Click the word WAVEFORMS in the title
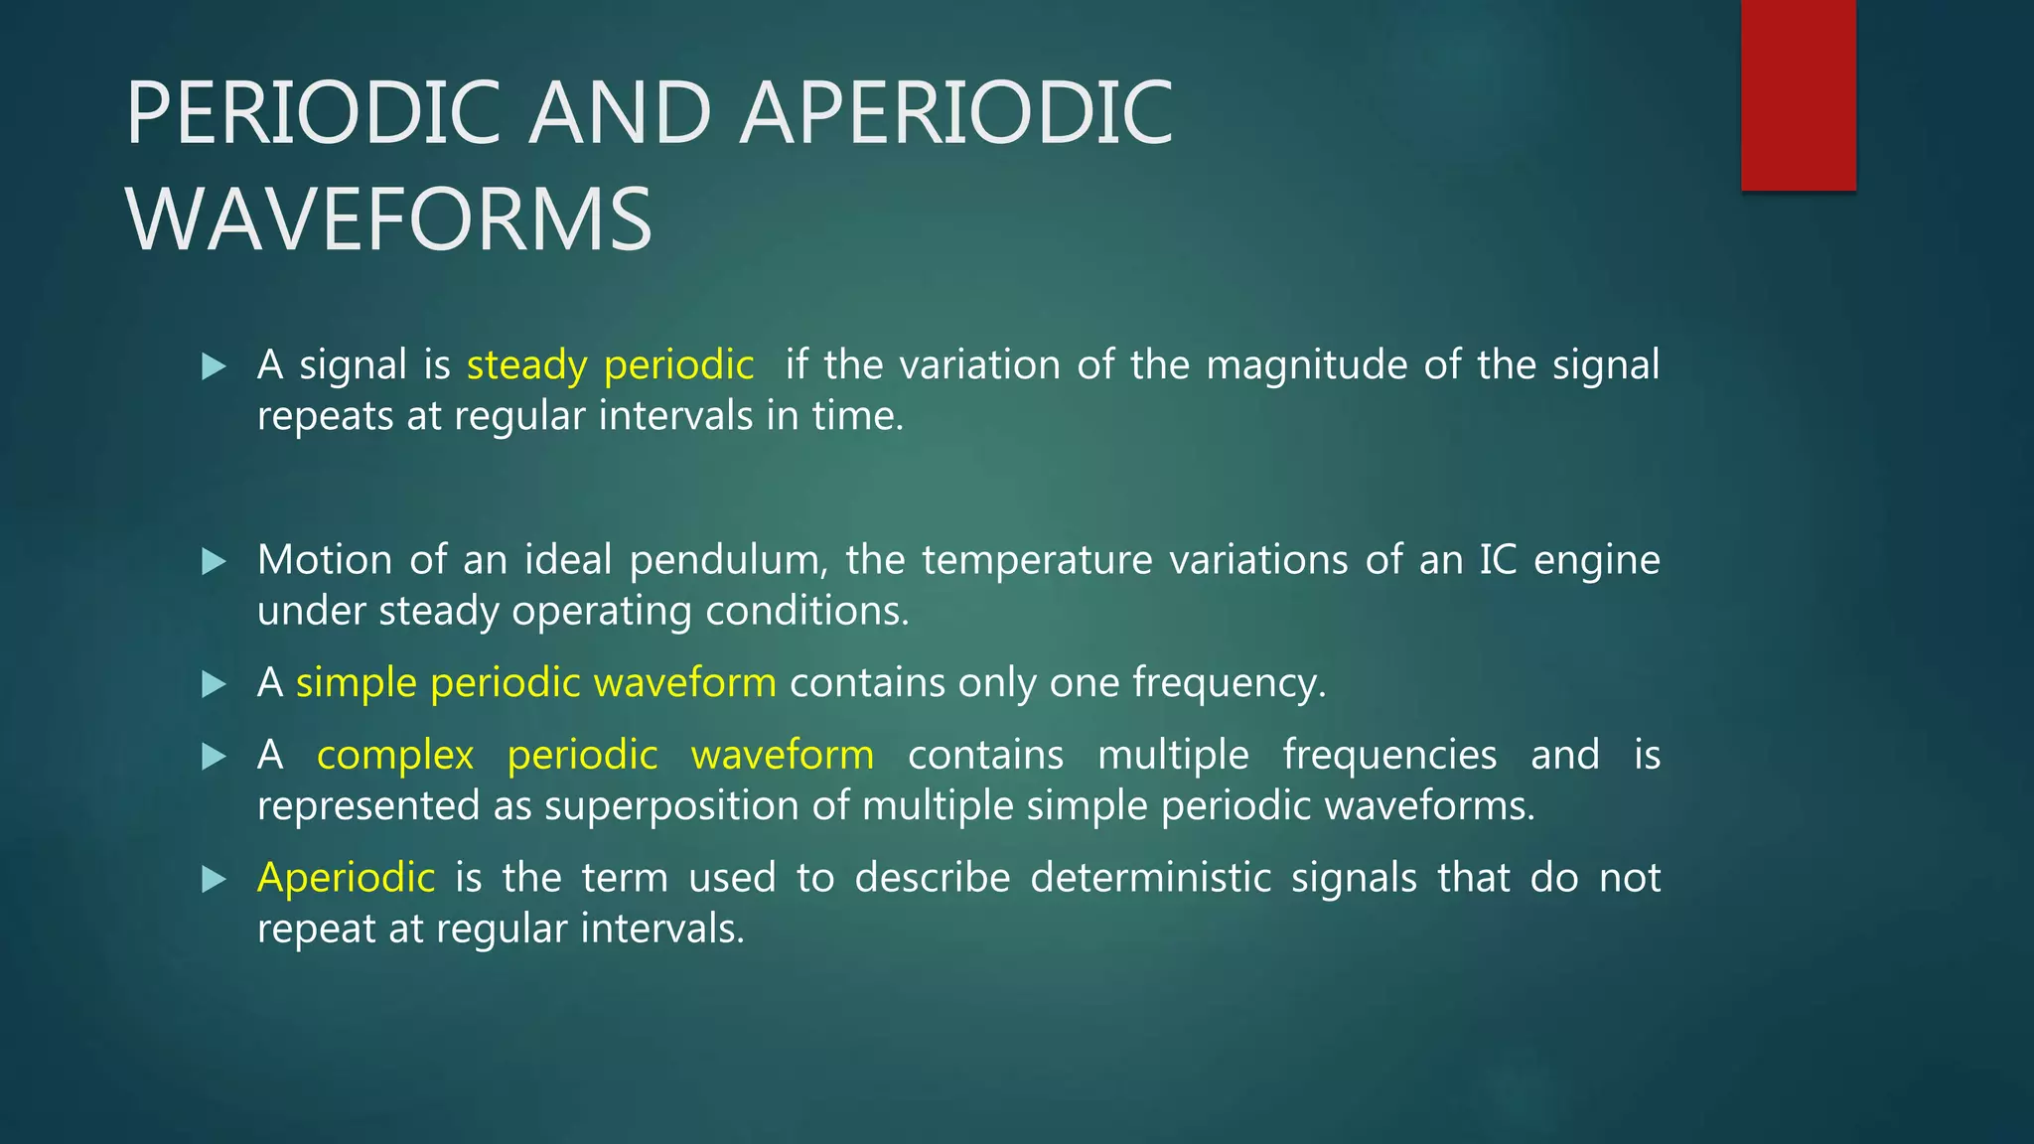pyautogui.click(x=389, y=219)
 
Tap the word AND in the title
pyautogui.click(x=620, y=112)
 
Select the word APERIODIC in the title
pyautogui.click(x=956, y=112)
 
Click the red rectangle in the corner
pyautogui.click(x=1798, y=94)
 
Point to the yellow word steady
pyautogui.click(x=526, y=365)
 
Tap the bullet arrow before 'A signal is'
pyautogui.click(x=214, y=366)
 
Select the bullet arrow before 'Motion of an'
pyautogui.click(x=214, y=562)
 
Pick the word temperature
pyautogui.click(x=1037, y=560)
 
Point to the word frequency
pyautogui.click(x=1229, y=683)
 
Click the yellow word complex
pyautogui.click(x=395, y=756)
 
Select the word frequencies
pyautogui.click(x=1389, y=755)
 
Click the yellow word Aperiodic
pyautogui.click(x=346, y=878)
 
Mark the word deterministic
pyautogui.click(x=1150, y=878)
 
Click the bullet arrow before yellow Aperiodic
pyautogui.click(x=214, y=879)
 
